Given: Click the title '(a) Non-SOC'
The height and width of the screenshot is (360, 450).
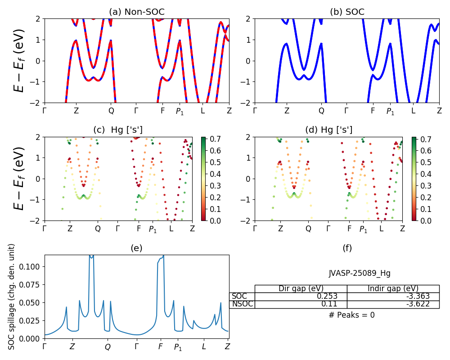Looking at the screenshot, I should pos(137,12).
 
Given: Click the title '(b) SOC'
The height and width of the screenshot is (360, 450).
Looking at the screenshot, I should pos(347,12).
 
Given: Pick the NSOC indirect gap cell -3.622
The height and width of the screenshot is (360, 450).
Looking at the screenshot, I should pos(416,304).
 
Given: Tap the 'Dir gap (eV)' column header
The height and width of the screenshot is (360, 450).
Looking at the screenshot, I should pos(301,288).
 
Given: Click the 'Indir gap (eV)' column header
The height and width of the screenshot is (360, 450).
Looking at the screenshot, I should pos(393,288).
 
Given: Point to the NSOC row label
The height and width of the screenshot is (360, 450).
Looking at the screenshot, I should pos(242,304).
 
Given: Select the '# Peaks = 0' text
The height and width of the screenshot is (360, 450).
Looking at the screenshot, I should pos(351,315).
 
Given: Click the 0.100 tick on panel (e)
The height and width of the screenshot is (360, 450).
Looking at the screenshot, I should pos(32,267).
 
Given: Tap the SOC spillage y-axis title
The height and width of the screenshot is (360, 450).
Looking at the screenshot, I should pos(12,297).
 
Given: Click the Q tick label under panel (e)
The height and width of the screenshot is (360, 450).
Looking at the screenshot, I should pos(108,347).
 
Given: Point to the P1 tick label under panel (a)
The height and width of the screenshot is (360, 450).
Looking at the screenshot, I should pos(180,111).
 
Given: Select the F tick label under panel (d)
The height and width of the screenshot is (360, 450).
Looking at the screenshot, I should pos(350,229).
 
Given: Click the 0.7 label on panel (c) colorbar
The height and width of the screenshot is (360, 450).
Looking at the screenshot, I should pos(208,139).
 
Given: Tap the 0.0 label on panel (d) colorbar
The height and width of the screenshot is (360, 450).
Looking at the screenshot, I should pos(418,221).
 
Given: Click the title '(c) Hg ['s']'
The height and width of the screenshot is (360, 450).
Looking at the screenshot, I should pos(118,130).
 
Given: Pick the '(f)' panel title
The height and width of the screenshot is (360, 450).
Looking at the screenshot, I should pos(347,248).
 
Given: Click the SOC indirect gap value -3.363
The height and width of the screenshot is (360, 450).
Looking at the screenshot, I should pos(416,296).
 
